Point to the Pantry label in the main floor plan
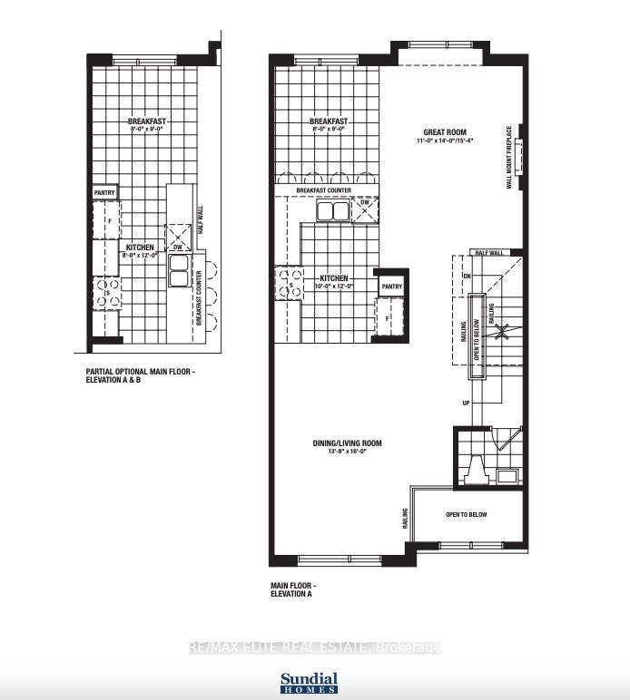[391, 287]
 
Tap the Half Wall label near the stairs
[487, 253]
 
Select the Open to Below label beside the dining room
[466, 514]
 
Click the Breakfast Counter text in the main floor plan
[324, 190]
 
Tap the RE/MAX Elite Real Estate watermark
[314, 647]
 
